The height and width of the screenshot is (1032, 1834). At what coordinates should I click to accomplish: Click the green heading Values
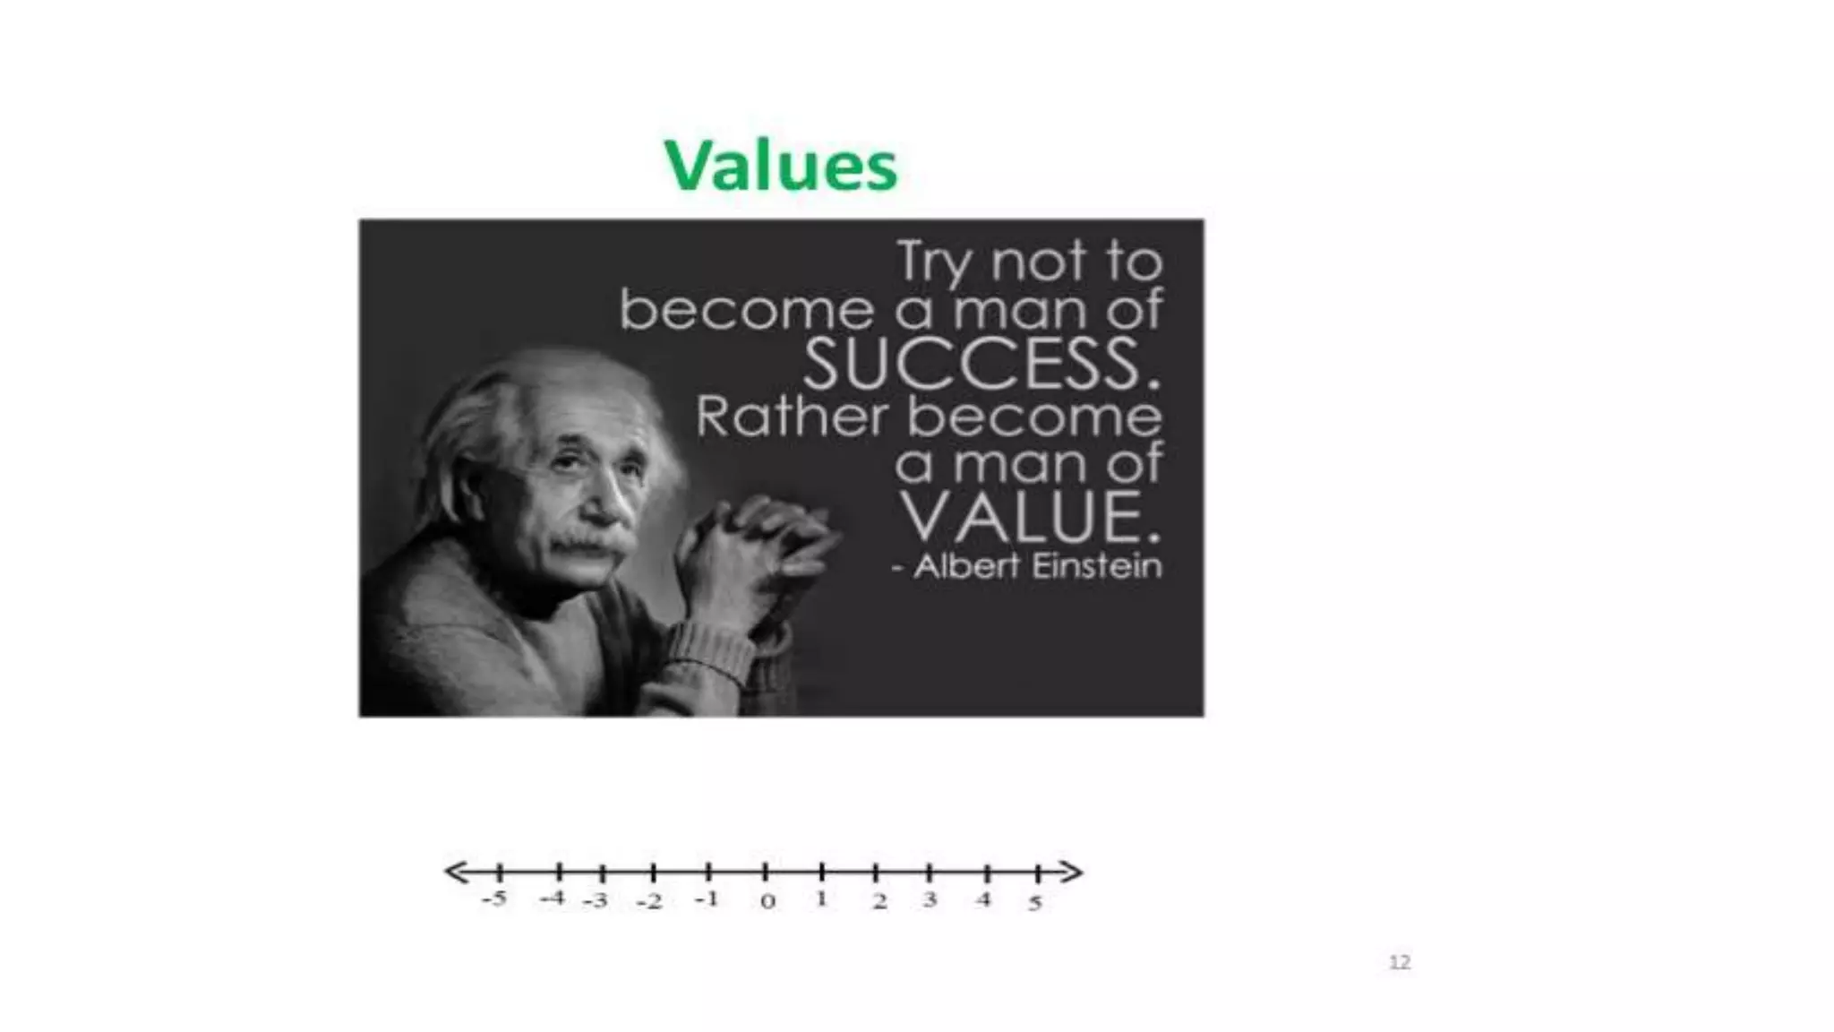tap(780, 166)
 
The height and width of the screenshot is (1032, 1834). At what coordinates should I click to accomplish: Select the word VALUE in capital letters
tap(1030, 517)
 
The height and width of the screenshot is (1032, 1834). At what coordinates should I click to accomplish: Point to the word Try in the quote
tap(937, 262)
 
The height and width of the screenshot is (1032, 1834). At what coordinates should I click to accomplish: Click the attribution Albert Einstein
tap(1036, 566)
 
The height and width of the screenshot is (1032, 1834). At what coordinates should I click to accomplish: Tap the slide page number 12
tap(1399, 962)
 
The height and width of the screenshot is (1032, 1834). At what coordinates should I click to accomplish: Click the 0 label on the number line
tap(767, 901)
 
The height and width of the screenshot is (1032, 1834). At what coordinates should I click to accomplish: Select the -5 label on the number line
tap(493, 899)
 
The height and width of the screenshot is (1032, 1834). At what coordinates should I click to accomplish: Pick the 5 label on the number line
tap(1035, 902)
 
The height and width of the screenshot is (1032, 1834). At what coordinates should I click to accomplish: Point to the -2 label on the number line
tap(649, 901)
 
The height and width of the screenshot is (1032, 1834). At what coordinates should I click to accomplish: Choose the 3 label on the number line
tap(930, 899)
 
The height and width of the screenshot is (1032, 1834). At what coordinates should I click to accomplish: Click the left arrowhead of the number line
tap(456, 872)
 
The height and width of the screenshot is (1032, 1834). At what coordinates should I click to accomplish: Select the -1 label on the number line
tap(707, 899)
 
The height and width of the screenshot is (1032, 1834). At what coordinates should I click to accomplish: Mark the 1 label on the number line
tap(821, 899)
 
